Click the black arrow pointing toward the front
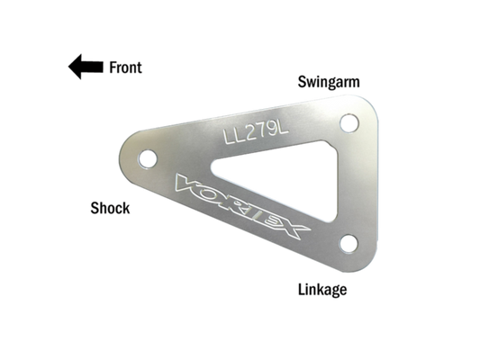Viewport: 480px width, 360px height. coord(86,67)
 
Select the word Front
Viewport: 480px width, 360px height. coord(125,67)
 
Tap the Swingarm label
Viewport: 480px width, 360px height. coord(329,83)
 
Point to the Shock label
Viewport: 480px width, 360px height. coord(110,208)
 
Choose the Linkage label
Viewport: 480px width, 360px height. coord(322,290)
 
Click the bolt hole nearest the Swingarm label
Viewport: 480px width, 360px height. coord(349,123)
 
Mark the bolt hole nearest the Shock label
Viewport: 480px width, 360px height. coord(148,158)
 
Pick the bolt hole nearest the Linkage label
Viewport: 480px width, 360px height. coord(349,244)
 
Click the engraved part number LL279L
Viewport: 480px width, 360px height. coord(256,133)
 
